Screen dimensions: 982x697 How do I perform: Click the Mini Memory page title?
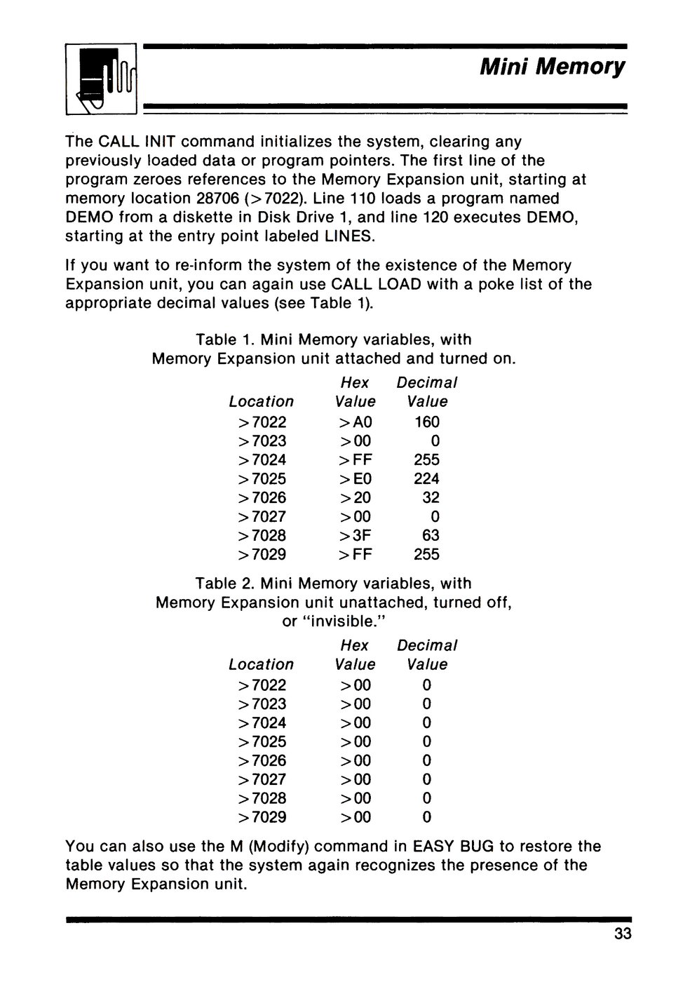552,67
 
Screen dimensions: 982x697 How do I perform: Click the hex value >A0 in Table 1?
355,422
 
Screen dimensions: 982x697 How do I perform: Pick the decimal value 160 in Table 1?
427,422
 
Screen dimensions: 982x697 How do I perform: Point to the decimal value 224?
427,479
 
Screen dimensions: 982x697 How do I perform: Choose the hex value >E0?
355,479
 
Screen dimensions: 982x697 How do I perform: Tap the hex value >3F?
355,536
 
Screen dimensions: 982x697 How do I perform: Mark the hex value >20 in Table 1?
355,498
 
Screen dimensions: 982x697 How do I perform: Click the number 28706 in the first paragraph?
220,199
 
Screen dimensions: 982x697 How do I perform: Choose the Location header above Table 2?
262,664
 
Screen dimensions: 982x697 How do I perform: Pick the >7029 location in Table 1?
262,555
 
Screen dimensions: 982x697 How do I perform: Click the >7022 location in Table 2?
262,685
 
